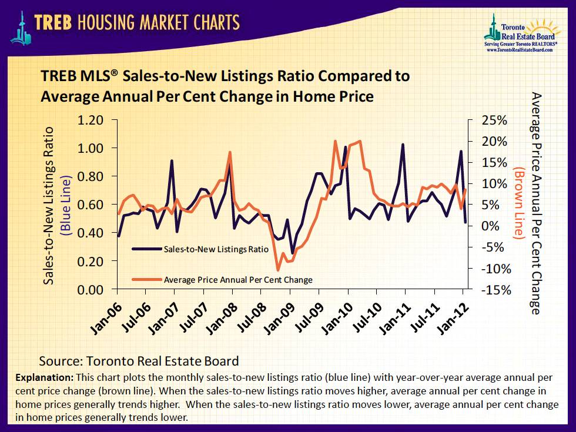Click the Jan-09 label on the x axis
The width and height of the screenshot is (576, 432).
coord(277,317)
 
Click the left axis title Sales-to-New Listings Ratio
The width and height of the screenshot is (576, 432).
coord(49,206)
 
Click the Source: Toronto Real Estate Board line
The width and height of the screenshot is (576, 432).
coord(139,360)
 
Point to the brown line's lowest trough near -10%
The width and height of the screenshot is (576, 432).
coord(277,270)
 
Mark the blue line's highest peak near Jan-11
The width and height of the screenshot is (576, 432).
coord(403,144)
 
